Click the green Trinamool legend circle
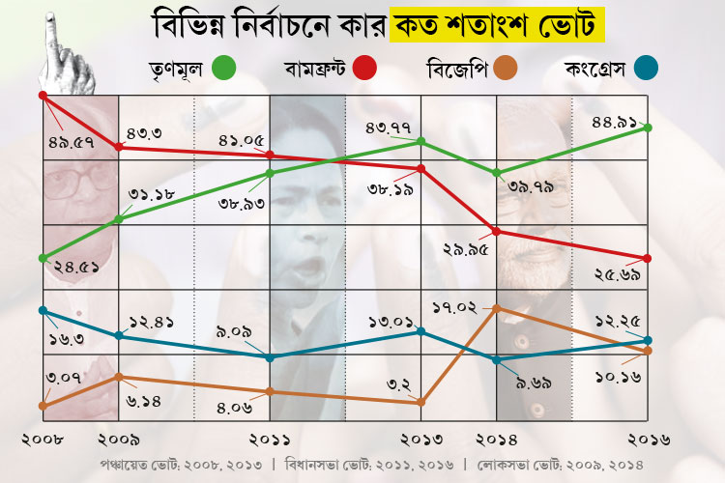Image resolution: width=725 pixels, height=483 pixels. pyautogui.click(x=224, y=69)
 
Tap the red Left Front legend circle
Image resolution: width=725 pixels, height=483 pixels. pyautogui.click(x=364, y=69)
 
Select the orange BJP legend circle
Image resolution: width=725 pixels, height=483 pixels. pyautogui.click(x=505, y=69)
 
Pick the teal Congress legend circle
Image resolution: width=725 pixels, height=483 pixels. pyautogui.click(x=647, y=69)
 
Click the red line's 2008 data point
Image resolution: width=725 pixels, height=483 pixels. pyautogui.click(x=43, y=95)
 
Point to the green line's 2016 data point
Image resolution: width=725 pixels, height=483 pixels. pyautogui.click(x=648, y=128)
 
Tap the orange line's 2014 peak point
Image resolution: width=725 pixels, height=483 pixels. pyautogui.click(x=496, y=308)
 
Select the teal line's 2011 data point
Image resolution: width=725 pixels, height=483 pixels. pyautogui.click(x=270, y=357)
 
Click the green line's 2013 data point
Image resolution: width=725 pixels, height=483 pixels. pyautogui.click(x=422, y=142)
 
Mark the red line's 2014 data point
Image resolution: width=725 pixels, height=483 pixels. pyautogui.click(x=496, y=231)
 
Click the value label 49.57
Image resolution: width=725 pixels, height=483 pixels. pyautogui.click(x=72, y=142)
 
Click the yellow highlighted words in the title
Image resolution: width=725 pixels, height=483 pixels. pyautogui.click(x=498, y=20)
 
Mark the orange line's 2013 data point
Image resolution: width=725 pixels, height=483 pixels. pyautogui.click(x=422, y=402)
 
